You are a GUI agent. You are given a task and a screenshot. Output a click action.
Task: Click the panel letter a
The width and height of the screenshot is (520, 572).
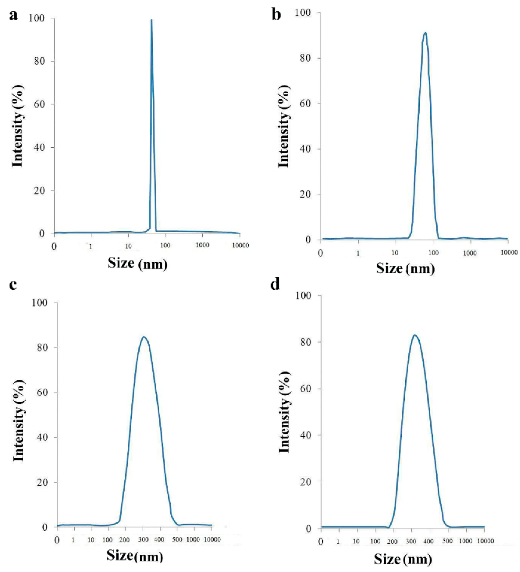click(x=13, y=16)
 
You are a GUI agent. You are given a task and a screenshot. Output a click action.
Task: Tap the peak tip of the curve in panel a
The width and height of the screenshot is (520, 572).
click(x=152, y=20)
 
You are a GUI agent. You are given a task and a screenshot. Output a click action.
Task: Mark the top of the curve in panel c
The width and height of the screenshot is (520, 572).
click(x=144, y=337)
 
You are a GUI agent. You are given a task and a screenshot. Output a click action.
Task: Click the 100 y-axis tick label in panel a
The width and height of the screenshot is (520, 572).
click(x=36, y=18)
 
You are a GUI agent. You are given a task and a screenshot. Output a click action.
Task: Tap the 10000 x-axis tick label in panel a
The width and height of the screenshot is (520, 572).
click(x=240, y=245)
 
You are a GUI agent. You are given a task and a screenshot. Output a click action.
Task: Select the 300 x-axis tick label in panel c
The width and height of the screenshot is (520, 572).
click(x=143, y=540)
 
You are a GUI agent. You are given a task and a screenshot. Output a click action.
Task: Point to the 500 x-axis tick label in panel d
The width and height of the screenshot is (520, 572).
click(x=447, y=541)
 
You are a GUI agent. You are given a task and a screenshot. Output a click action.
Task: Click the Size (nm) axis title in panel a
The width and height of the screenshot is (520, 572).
click(x=137, y=264)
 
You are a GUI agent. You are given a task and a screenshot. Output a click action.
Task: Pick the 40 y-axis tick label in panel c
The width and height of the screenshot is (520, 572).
click(x=42, y=437)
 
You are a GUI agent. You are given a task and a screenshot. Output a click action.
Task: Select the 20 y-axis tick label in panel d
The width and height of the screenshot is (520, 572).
click(x=305, y=482)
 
